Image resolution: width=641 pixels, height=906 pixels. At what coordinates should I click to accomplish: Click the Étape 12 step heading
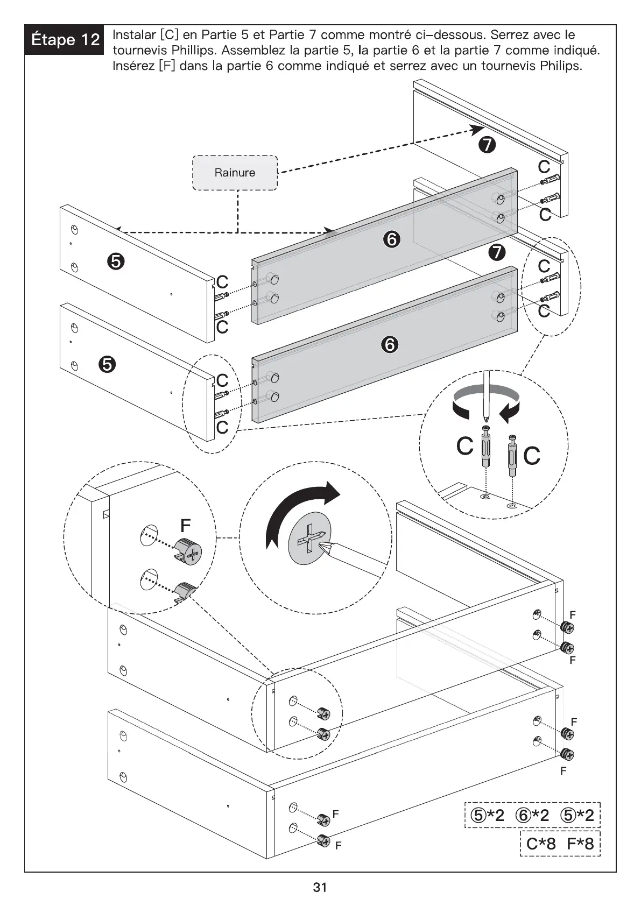pyautogui.click(x=65, y=40)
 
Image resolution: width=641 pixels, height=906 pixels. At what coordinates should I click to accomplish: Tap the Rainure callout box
pyautogui.click(x=235, y=173)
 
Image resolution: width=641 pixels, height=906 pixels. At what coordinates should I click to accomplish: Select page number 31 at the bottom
pyautogui.click(x=320, y=887)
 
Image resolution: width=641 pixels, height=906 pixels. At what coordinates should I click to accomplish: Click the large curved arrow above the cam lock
pyautogui.click(x=301, y=511)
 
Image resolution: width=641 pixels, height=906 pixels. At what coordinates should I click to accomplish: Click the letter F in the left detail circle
pyautogui.click(x=185, y=525)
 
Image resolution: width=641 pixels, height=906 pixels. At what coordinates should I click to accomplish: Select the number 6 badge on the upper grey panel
pyautogui.click(x=391, y=239)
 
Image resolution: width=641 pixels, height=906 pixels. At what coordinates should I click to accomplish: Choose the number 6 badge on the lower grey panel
pyautogui.click(x=390, y=344)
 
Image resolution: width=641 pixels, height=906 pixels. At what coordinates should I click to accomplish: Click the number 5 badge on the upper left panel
pyautogui.click(x=116, y=262)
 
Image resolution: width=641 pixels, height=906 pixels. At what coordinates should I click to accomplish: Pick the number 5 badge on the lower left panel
pyautogui.click(x=107, y=365)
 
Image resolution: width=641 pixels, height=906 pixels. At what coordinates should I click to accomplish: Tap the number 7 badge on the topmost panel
pyautogui.click(x=487, y=145)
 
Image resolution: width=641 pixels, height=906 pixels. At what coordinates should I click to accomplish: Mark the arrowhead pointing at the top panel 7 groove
pyautogui.click(x=477, y=129)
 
